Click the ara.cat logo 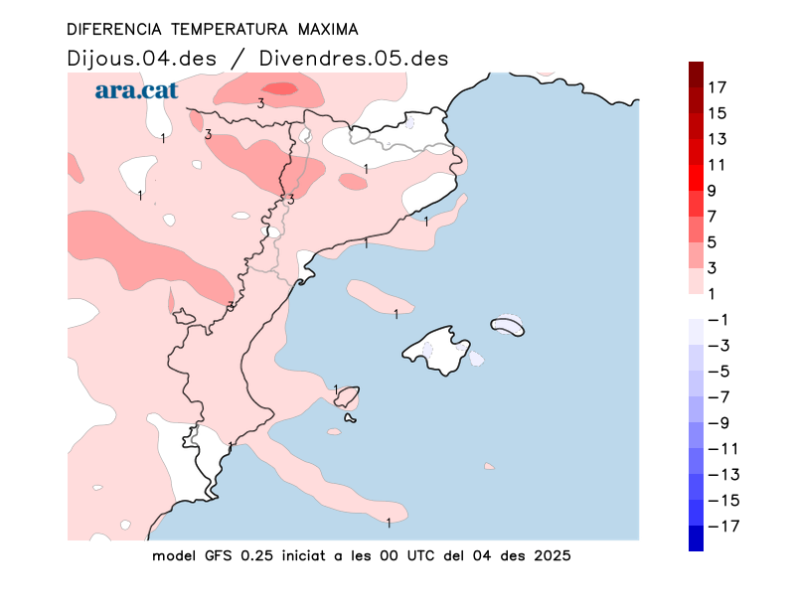[136, 90]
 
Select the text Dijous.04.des [141, 58]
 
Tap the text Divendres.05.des [353, 58]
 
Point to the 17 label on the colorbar [717, 87]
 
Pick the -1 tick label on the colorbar [718, 319]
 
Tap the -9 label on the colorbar [718, 422]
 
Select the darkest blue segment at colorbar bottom [697, 537]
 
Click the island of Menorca [507, 326]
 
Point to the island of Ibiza [347, 397]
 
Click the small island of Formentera [350, 418]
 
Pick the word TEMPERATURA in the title [216, 30]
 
